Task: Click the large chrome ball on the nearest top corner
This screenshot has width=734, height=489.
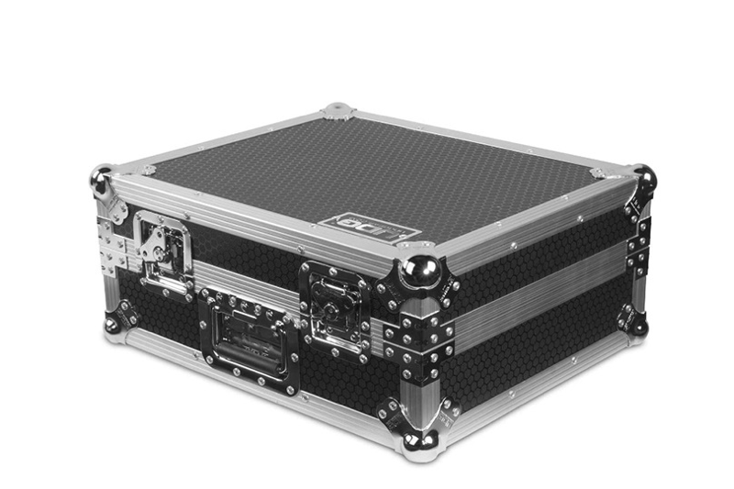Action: [x=421, y=272]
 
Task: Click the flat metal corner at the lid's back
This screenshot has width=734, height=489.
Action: [x=338, y=111]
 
